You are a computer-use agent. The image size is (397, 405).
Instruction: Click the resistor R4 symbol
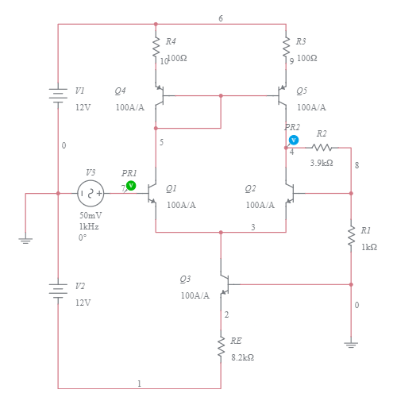tap(156, 48)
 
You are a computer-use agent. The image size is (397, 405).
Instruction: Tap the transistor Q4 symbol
tap(159, 96)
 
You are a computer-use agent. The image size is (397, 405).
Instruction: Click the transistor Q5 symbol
tap(282, 96)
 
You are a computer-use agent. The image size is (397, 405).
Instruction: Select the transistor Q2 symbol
tap(290, 193)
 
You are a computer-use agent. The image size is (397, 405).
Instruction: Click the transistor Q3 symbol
tap(225, 283)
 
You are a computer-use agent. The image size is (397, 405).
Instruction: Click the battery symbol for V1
tap(58, 96)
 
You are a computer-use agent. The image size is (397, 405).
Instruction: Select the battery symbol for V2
tap(58, 290)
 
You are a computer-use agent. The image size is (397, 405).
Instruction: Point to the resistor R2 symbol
tap(321, 147)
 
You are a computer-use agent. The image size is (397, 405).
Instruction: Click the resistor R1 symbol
tap(351, 236)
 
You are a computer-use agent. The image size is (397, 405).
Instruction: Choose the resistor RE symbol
tap(221, 347)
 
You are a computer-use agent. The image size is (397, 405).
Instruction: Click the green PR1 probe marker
tap(131, 186)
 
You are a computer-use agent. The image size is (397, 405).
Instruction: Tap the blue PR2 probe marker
tap(293, 140)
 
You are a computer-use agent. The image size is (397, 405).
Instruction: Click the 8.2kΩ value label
tap(242, 358)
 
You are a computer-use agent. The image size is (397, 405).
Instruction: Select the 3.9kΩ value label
tap(321, 163)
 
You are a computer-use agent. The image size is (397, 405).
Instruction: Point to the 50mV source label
tap(90, 215)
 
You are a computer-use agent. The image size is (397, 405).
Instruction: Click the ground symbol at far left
tap(26, 239)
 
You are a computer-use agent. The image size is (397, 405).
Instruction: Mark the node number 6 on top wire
tap(221, 17)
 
